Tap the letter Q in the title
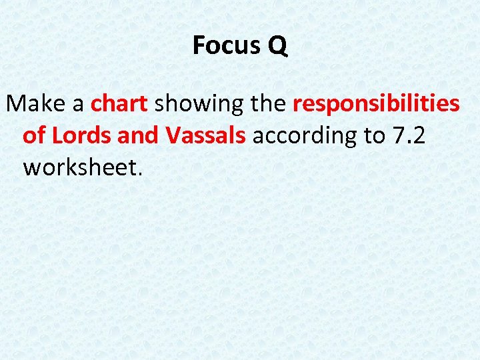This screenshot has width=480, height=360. click(x=278, y=46)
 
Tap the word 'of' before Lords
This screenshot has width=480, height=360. click(x=34, y=135)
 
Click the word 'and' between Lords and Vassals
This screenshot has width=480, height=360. click(x=138, y=135)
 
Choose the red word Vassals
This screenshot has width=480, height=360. click(x=206, y=135)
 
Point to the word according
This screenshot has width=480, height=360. click(x=303, y=137)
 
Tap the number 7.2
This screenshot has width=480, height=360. click(x=407, y=135)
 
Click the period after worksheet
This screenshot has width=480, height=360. click(x=140, y=174)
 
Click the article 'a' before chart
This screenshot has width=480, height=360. click(x=78, y=105)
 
